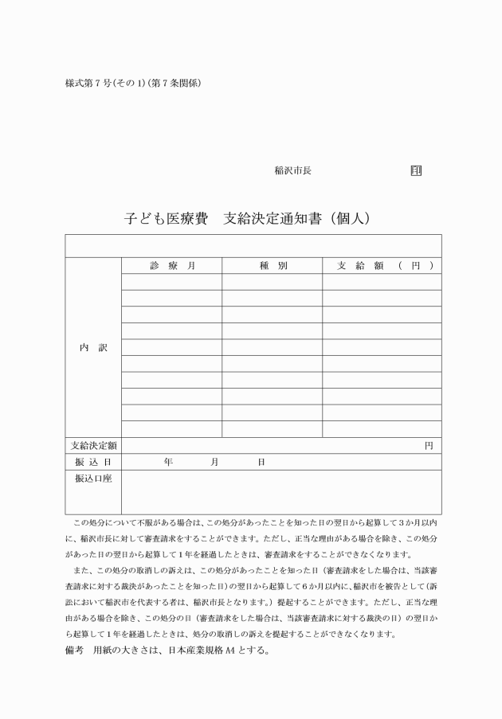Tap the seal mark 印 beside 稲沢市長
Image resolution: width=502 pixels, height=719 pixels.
(x=416, y=170)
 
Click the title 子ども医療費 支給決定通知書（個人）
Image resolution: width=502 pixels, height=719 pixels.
(x=249, y=216)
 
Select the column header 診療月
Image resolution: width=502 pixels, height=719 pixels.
(x=171, y=265)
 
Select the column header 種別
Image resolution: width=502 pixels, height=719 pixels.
(x=272, y=265)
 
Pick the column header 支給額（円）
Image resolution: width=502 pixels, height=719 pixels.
(x=382, y=265)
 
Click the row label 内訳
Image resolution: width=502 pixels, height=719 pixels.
(x=92, y=348)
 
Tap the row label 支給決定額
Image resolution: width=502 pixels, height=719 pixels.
(x=92, y=446)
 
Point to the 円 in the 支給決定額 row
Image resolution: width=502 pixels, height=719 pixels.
(x=429, y=446)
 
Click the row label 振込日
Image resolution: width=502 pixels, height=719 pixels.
(x=92, y=462)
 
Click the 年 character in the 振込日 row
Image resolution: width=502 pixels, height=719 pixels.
(x=167, y=462)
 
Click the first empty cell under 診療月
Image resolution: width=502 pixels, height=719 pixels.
(x=171, y=282)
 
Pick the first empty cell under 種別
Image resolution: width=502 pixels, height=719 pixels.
(x=272, y=282)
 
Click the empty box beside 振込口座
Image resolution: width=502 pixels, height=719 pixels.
(x=280, y=492)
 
